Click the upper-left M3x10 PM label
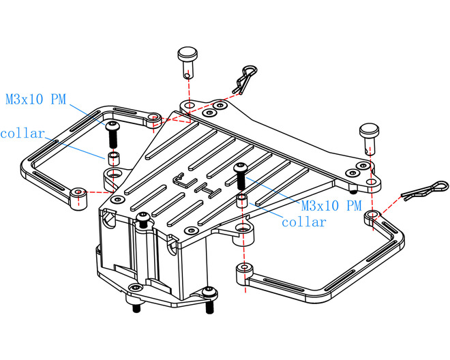coord(35,100)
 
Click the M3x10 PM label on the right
coord(330,205)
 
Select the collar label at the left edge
coord(22,133)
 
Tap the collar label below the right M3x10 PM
coord(303,222)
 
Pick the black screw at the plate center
coord(240,176)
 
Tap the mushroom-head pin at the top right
coord(369,134)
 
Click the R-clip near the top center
coord(245,78)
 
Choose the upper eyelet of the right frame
coord(372,216)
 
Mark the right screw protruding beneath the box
coord(209,310)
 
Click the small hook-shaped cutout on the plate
coord(179,180)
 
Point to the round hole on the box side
coord(107,220)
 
